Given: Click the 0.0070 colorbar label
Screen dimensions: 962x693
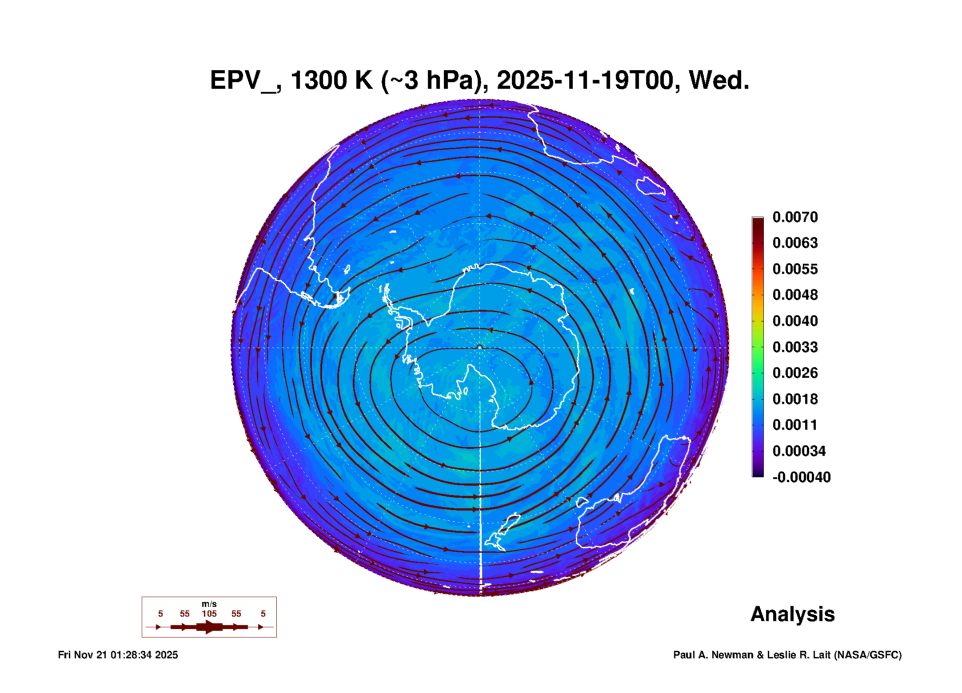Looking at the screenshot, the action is (x=795, y=217).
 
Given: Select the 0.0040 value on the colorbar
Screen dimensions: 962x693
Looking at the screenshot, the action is (x=795, y=321).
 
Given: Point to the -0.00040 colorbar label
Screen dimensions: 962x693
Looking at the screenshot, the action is (x=802, y=477).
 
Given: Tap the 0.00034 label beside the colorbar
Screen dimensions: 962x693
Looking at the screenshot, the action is (x=799, y=451).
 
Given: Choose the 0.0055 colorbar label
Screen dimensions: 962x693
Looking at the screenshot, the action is (x=795, y=269).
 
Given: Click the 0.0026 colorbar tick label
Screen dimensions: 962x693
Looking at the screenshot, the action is (x=795, y=373).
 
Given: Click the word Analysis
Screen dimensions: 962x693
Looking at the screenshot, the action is (x=793, y=614).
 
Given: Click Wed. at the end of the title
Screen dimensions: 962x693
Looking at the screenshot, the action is (x=719, y=80).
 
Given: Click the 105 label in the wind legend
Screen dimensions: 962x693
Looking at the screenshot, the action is (x=209, y=614).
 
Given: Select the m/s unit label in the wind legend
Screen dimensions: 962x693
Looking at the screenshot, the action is (x=209, y=604).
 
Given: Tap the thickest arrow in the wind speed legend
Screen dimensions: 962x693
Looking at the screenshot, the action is (x=209, y=627).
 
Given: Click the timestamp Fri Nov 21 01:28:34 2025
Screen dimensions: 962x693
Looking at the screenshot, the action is (x=118, y=655).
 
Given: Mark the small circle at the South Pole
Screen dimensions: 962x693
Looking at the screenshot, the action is (x=479, y=347).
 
